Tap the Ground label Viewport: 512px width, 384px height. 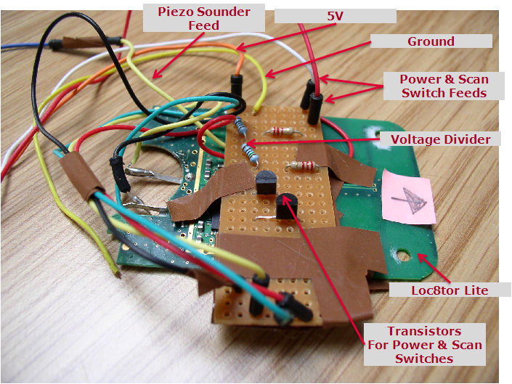click(430, 41)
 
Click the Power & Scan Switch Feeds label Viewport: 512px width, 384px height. click(444, 86)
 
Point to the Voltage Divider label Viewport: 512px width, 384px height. click(440, 138)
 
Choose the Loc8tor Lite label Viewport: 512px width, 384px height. click(449, 290)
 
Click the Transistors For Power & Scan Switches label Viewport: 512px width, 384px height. click(424, 344)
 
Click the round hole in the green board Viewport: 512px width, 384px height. click(401, 256)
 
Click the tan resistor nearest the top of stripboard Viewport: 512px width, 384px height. click(282, 132)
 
